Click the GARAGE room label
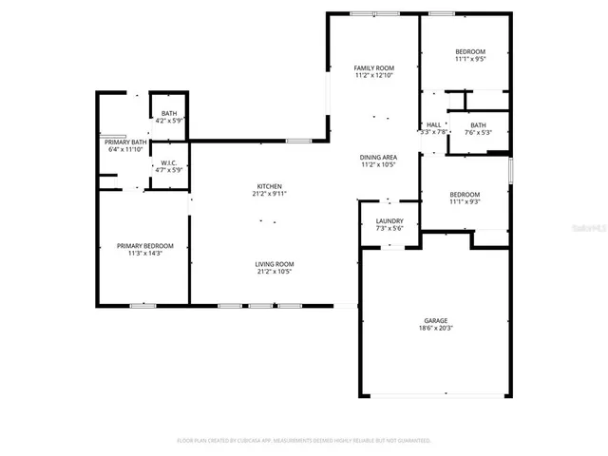(436, 321)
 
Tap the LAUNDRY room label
(389, 220)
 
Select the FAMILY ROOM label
(373, 68)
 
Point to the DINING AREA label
(377, 157)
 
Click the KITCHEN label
(269, 186)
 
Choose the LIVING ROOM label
(274, 264)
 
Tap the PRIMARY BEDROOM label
(144, 246)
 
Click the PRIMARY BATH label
(123, 142)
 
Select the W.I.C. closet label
(169, 162)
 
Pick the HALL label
(433, 124)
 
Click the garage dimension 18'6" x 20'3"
(436, 329)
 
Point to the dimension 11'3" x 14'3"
(144, 254)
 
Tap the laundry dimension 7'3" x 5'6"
(389, 228)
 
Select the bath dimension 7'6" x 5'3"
(478, 133)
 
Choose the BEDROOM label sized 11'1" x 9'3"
(465, 194)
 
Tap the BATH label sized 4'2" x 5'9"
(168, 114)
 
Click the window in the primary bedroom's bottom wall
(142, 305)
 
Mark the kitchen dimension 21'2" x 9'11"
(269, 194)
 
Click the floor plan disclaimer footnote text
(304, 441)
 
